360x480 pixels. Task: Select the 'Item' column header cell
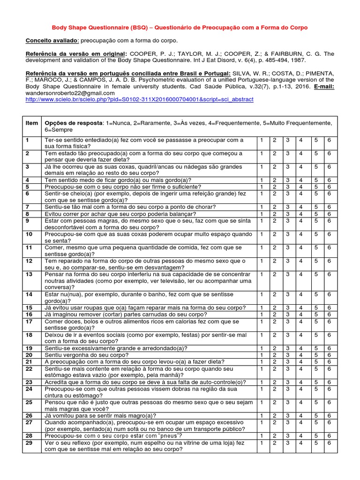tap(32, 123)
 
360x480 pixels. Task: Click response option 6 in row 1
tap(330, 140)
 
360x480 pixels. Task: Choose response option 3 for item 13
tap(288, 274)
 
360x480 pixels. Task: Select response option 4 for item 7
tap(301, 207)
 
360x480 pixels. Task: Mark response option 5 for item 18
tap(316, 335)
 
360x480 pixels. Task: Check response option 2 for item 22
tap(275, 369)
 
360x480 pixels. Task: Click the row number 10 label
tap(29, 233)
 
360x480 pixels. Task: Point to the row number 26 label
tap(29, 415)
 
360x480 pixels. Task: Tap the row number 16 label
tap(29, 314)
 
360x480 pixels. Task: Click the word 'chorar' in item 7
tap(206, 207)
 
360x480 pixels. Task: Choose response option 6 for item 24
tap(330, 389)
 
